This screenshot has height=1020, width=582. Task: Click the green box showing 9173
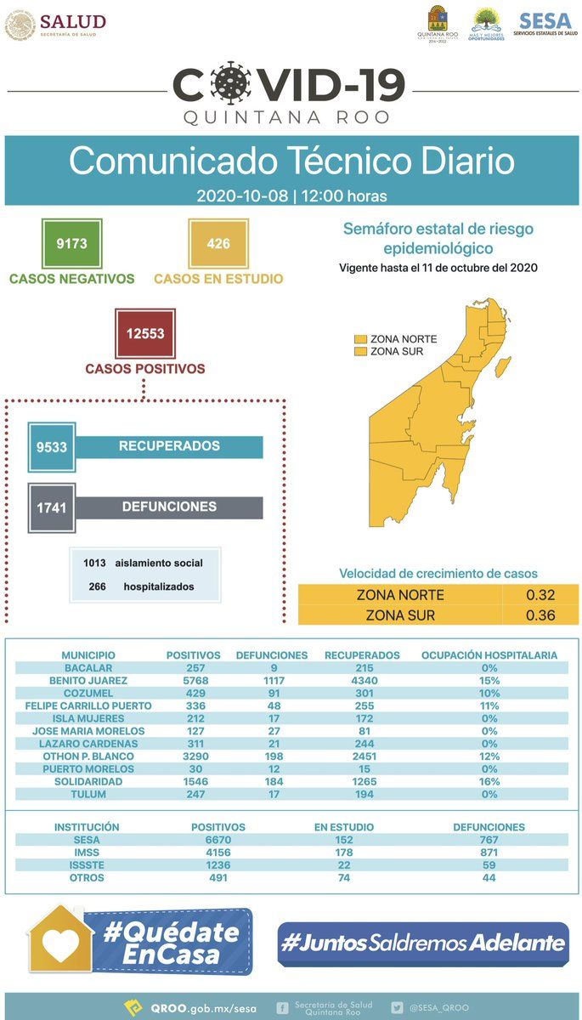click(x=72, y=244)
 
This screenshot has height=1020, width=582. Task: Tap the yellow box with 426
click(x=218, y=244)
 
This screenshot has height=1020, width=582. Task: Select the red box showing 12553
click(x=145, y=333)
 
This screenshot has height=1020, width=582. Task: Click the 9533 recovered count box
click(x=52, y=447)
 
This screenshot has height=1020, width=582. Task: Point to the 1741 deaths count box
click(x=52, y=507)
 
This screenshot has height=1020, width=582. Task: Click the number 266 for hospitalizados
click(x=98, y=586)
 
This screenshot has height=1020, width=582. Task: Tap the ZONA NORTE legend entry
click(x=396, y=339)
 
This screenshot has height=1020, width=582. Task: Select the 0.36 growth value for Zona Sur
click(x=540, y=615)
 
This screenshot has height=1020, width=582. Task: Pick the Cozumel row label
click(x=88, y=693)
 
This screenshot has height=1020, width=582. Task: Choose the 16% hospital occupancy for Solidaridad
click(x=489, y=781)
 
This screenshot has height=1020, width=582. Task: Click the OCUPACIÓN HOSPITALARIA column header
click(x=489, y=655)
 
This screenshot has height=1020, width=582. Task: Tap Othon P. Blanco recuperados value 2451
click(x=364, y=756)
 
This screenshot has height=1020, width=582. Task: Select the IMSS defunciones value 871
click(x=489, y=853)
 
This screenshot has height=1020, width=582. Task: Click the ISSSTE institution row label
click(x=87, y=864)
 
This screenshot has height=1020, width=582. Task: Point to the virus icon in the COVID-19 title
click(x=232, y=84)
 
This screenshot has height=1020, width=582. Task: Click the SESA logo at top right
click(x=545, y=24)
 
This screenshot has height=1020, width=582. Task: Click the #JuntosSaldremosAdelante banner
click(x=423, y=943)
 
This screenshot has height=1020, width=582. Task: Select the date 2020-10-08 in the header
click(x=242, y=195)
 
